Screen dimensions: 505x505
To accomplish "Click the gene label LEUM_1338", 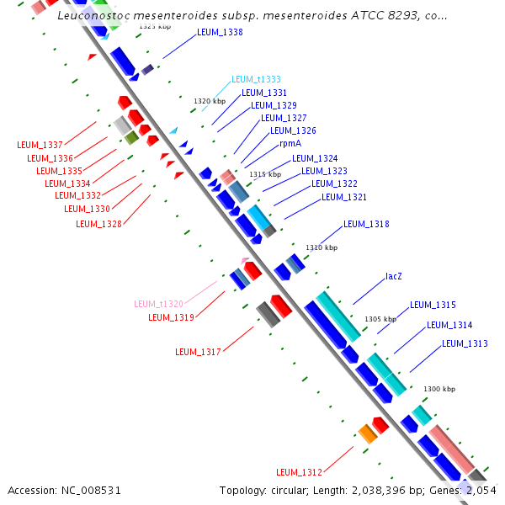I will tap(220, 33).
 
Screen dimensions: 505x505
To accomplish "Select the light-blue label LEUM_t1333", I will tap(256, 79).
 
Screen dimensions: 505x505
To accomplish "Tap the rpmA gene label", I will tap(290, 143).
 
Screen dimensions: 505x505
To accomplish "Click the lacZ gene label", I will tap(394, 276).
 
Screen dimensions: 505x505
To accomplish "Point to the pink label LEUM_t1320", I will tap(158, 304).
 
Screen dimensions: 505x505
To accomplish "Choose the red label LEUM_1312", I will tap(300, 471).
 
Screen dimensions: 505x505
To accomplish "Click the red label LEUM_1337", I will tap(40, 145).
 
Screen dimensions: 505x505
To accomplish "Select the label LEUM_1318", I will tap(366, 224).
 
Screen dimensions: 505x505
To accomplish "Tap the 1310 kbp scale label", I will tap(322, 247).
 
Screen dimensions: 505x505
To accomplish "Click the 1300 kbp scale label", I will tap(439, 389).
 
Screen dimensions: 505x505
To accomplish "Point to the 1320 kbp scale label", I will tap(210, 101).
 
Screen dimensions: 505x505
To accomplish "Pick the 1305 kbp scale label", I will tap(380, 319).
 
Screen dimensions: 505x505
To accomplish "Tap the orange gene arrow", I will tap(367, 433).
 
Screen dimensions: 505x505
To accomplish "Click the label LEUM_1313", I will tap(465, 343).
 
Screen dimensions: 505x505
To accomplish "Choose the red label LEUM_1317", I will tap(198, 352).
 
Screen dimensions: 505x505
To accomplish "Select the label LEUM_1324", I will tap(315, 158).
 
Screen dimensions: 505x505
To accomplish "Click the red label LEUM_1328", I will tap(98, 224).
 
